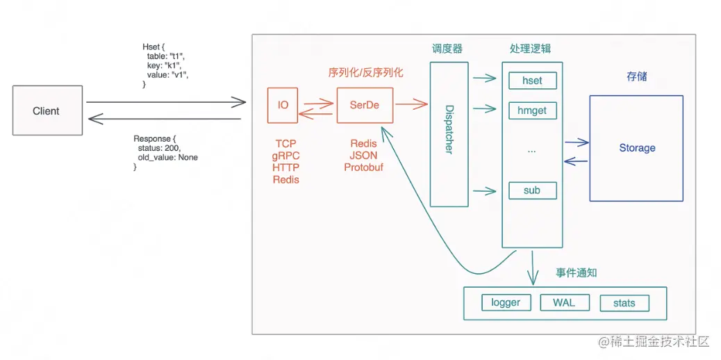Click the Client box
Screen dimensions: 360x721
47,111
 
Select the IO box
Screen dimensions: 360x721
283,105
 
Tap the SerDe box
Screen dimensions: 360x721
364,105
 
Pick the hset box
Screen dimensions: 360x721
532,81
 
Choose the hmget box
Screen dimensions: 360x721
532,110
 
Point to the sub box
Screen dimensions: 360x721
532,190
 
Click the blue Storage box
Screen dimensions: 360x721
636,148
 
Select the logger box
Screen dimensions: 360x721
506,302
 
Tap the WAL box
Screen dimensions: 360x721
563,302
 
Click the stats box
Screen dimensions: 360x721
624,303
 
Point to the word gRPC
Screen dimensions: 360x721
285,156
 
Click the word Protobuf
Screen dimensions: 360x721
364,167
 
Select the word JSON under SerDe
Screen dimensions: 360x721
364,156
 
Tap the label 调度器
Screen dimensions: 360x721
447,49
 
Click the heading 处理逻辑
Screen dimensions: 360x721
531,49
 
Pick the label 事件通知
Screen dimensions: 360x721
576,272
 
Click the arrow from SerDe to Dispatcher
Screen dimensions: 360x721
411,105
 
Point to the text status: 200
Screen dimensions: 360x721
159,148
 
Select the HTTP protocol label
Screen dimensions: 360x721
285,167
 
